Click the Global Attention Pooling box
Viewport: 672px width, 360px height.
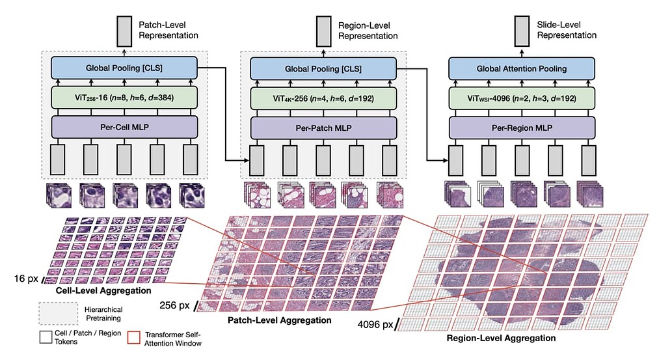click(x=522, y=68)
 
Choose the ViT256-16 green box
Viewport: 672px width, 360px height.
click(x=124, y=98)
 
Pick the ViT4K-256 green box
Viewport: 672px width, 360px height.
click(x=323, y=98)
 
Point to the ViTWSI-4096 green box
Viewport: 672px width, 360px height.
click(x=522, y=98)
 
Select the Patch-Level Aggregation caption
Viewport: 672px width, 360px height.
click(x=279, y=320)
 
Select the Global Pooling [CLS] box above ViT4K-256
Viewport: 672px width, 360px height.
click(x=323, y=68)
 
